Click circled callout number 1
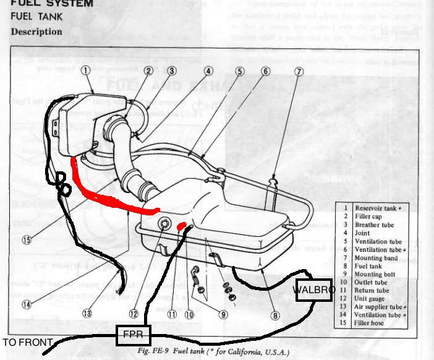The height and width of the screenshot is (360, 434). pos(85,71)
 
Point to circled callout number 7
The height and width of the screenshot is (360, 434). pos(299,71)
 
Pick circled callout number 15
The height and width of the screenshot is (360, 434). pos(26,239)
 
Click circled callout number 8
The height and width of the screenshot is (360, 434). pos(274,314)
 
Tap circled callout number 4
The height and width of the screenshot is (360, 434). pos(208,71)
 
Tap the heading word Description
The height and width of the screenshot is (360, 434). pos(36,32)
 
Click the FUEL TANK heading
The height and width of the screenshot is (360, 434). pos(37,17)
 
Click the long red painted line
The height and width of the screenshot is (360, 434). pos(111,197)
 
